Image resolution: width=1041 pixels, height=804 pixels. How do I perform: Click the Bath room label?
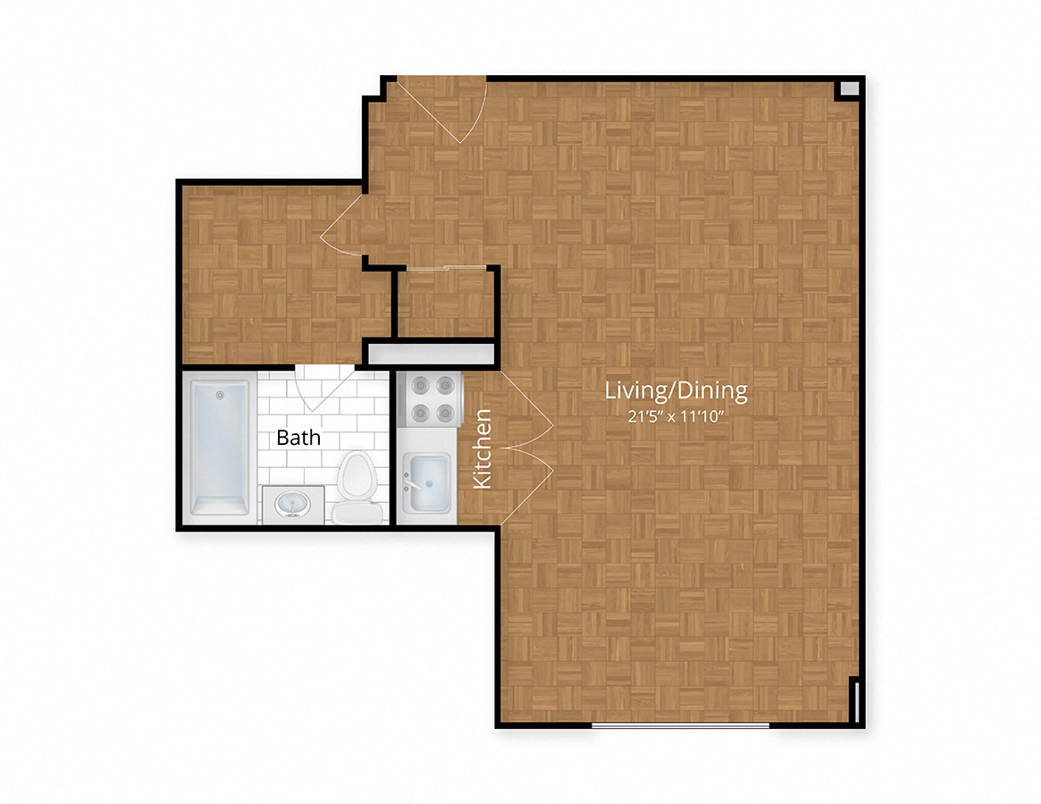[x=298, y=438]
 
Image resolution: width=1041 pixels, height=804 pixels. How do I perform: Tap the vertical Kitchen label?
[x=483, y=448]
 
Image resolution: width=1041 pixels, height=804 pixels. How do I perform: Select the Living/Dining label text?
[x=676, y=390]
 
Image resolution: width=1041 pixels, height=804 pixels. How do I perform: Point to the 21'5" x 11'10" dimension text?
[x=676, y=417]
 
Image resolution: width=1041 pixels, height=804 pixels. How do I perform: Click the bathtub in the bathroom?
[x=220, y=448]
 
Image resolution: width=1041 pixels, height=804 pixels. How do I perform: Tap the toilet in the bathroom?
[x=357, y=487]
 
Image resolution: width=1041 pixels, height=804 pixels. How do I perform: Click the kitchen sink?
[x=426, y=482]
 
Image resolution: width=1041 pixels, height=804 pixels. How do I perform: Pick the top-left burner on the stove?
[x=420, y=385]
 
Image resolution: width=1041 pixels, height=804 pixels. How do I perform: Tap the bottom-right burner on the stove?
[x=446, y=413]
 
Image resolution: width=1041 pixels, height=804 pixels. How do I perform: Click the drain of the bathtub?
[x=220, y=396]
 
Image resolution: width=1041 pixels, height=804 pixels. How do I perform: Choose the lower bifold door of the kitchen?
[x=526, y=487]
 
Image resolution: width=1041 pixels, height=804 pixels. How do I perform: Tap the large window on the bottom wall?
[x=681, y=725]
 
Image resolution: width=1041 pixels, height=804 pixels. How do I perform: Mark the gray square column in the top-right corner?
[x=849, y=88]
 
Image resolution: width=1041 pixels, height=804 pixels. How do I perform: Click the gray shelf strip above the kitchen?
[x=432, y=354]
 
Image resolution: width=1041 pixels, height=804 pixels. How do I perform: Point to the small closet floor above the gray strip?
[x=445, y=304]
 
